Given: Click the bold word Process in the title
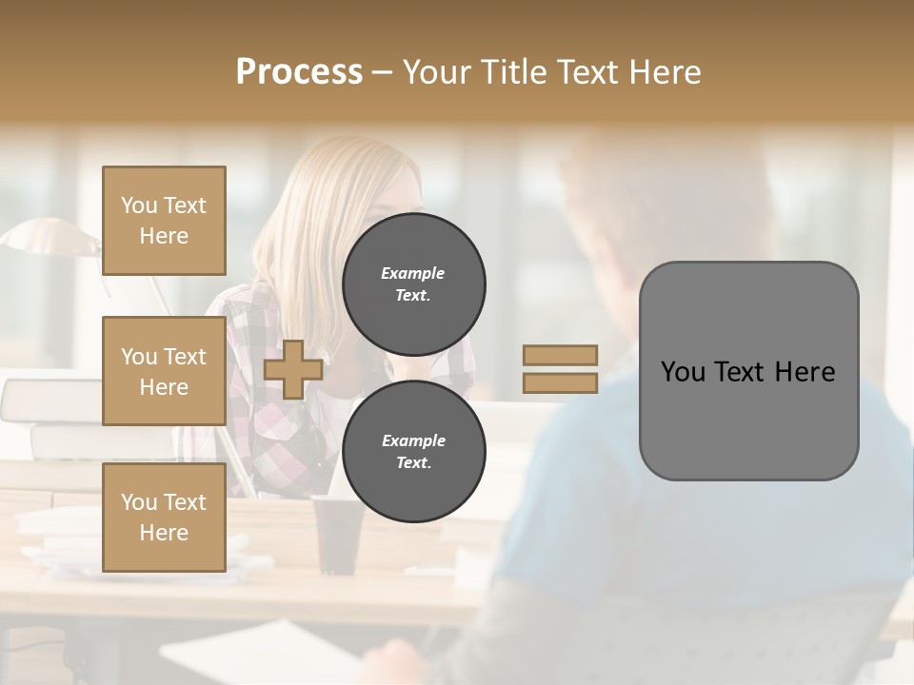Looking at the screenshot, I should point(299,72).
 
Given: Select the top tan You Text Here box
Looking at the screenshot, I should point(164,221).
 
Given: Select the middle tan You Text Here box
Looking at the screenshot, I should point(164,371).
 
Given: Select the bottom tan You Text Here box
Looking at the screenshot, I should point(164,517).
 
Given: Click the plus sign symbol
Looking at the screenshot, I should point(293,370).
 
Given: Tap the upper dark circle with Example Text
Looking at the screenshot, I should point(413,284).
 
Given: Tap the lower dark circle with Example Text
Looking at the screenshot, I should point(413,452).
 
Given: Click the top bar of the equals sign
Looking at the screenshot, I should point(560,355).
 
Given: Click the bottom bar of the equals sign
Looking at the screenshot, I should point(560,383).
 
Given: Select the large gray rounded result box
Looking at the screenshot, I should point(748,419).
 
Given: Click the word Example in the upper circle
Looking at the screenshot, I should point(413,274).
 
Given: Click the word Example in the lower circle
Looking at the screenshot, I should point(413,441).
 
